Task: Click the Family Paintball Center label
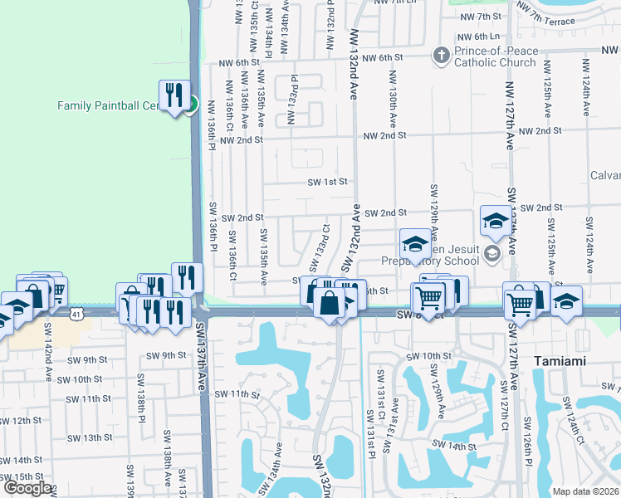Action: [x=108, y=105]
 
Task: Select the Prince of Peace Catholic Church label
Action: [x=496, y=56]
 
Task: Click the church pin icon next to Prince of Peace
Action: [x=441, y=56]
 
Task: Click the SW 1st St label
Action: [x=326, y=182]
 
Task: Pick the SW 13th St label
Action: [x=89, y=437]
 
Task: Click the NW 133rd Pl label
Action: [x=292, y=104]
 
